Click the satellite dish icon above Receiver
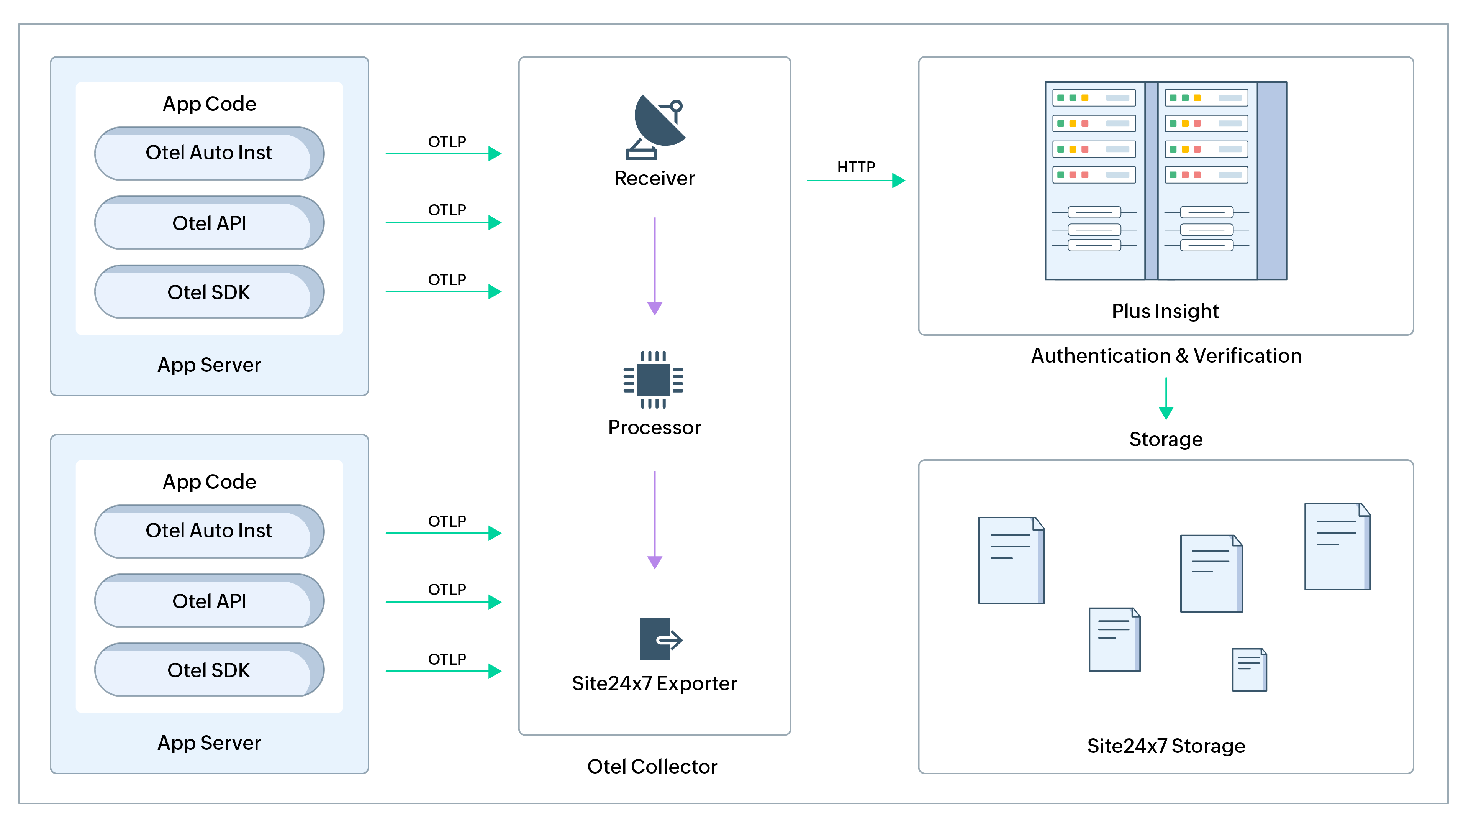coord(655,127)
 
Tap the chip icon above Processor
coord(653,379)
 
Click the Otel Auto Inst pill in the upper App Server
coord(209,153)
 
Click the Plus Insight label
coord(1165,311)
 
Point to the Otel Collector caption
coord(652,766)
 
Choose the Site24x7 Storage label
coord(1165,746)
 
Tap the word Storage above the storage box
coord(1165,439)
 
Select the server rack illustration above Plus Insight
coord(1165,181)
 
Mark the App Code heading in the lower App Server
coord(209,482)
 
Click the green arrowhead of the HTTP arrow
coord(898,181)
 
